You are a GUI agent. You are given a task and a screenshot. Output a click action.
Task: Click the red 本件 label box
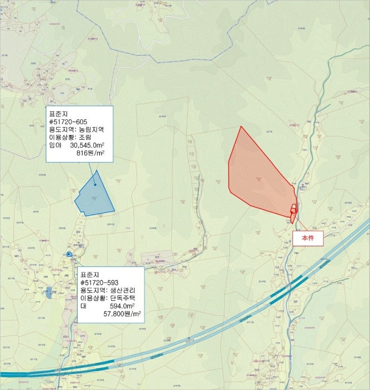point(308,237)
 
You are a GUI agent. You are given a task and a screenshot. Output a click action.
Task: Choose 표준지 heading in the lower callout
point(89,274)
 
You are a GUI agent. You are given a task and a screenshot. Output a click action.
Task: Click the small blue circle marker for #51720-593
point(69,254)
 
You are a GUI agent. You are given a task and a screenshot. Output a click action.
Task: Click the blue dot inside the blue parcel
point(95,185)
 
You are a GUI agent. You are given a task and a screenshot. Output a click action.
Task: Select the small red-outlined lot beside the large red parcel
point(294,209)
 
